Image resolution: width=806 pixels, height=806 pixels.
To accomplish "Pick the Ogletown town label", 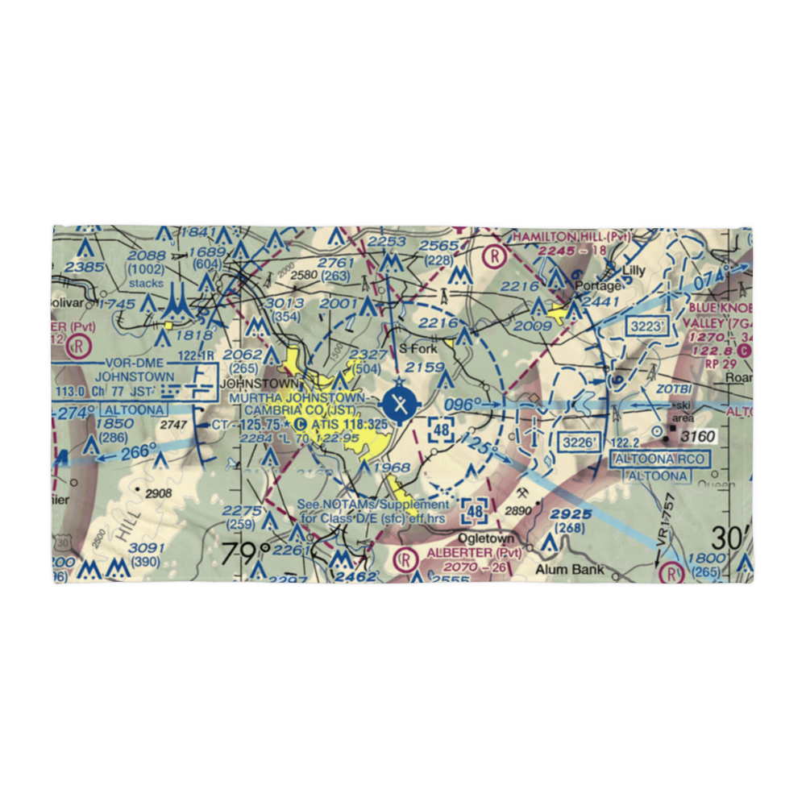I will tap(485, 538).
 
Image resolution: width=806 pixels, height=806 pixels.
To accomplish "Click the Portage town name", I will tap(601, 286).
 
